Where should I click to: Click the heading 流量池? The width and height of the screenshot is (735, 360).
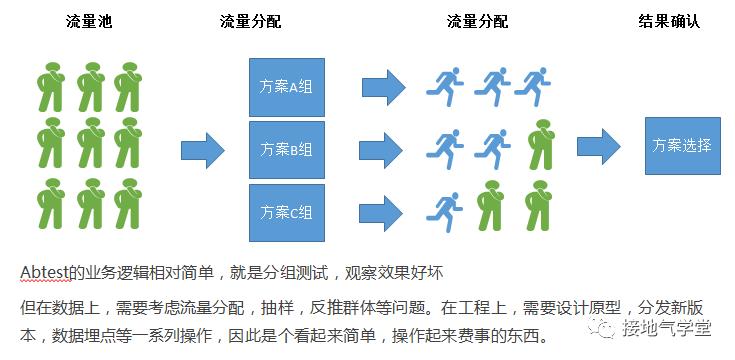[x=89, y=21]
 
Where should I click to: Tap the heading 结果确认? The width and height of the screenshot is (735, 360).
[x=669, y=21]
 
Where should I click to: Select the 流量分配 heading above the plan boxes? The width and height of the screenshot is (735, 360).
[x=251, y=21]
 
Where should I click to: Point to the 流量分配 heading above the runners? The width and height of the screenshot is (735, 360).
[x=478, y=21]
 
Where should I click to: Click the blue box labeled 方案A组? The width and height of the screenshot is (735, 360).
[x=287, y=87]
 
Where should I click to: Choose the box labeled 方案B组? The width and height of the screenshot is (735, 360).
[x=287, y=150]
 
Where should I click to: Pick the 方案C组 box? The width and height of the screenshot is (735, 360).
[x=287, y=213]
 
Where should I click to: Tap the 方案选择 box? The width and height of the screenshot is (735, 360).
[x=682, y=146]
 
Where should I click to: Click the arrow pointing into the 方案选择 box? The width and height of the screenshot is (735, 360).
[x=599, y=147]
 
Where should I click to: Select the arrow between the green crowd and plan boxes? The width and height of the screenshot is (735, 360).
[x=203, y=150]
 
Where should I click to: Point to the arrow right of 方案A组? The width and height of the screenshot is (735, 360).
[x=384, y=87]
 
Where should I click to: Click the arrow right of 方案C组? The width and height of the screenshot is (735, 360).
[x=381, y=213]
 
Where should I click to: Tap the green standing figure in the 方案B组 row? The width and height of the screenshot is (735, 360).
[x=541, y=144]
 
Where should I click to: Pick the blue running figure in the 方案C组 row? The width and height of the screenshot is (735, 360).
[x=444, y=213]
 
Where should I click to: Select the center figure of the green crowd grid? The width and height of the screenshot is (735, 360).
[x=90, y=142]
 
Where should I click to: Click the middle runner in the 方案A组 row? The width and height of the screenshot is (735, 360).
[x=492, y=87]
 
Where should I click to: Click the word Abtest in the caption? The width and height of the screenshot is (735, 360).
[x=45, y=272]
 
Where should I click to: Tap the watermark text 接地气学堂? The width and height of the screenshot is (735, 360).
[x=666, y=328]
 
